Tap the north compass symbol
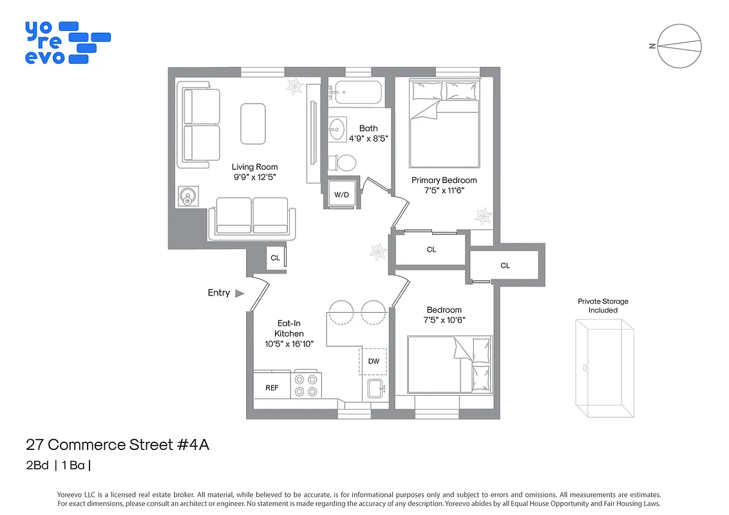tap(679, 46)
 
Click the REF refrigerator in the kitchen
tap(272, 388)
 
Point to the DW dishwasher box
tap(374, 361)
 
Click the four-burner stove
tap(306, 385)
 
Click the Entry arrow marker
tap(240, 294)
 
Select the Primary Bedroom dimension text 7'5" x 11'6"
tap(444, 191)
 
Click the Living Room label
tap(255, 167)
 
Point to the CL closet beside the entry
tap(275, 258)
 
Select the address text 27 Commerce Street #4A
tap(118, 444)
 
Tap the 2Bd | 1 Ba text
tap(62, 466)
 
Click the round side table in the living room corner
tap(189, 196)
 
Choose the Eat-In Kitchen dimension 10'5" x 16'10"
tap(289, 344)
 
